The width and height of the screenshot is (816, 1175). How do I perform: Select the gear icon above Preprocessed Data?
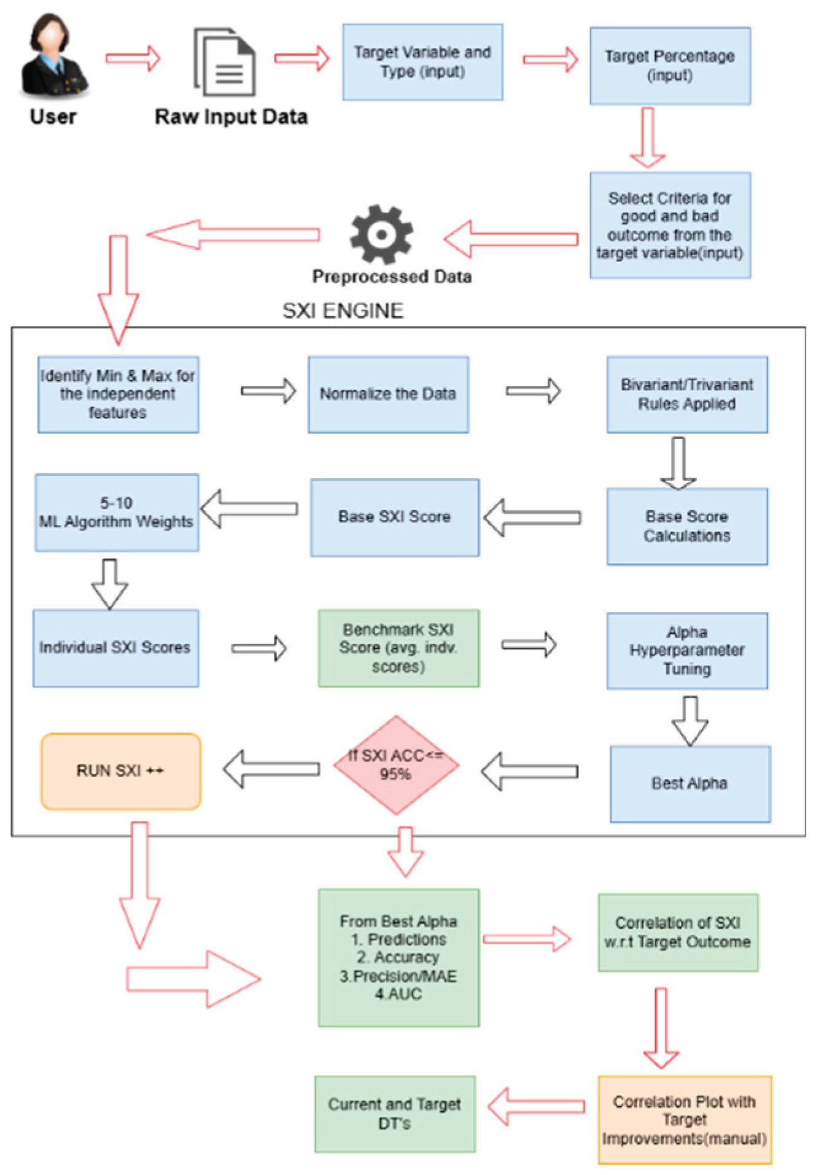pyautogui.click(x=381, y=235)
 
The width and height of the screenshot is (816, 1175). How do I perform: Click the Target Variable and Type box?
pyautogui.click(x=422, y=62)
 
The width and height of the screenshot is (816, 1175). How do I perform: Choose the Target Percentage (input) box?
pyautogui.click(x=670, y=66)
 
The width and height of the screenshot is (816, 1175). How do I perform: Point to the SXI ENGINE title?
pyautogui.click(x=343, y=311)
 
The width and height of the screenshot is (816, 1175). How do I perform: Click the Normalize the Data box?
pyautogui.click(x=388, y=394)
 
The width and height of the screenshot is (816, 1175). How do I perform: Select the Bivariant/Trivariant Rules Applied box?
pyautogui.click(x=686, y=394)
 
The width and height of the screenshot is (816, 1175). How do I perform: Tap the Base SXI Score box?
pyautogui.click(x=394, y=518)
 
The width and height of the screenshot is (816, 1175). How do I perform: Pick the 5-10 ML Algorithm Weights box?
pyautogui.click(x=117, y=513)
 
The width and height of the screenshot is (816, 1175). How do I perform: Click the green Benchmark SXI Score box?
pyautogui.click(x=398, y=648)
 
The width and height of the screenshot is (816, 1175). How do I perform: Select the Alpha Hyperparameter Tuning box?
pyautogui.click(x=686, y=650)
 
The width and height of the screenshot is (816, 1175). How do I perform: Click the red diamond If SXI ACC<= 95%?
pyautogui.click(x=396, y=765)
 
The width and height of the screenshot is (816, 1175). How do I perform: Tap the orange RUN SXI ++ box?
pyautogui.click(x=120, y=771)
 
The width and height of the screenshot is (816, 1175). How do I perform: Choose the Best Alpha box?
pyautogui.click(x=690, y=783)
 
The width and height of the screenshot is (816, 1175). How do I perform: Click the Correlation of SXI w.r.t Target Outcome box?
pyautogui.click(x=678, y=932)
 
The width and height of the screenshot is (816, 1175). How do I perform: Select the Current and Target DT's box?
pyautogui.click(x=394, y=1114)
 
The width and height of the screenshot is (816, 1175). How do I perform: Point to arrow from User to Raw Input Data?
pyautogui.click(x=133, y=58)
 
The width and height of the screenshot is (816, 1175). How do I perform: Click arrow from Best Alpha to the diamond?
pyautogui.click(x=529, y=771)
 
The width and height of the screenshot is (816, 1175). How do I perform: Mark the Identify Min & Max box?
pyautogui.click(x=118, y=394)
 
